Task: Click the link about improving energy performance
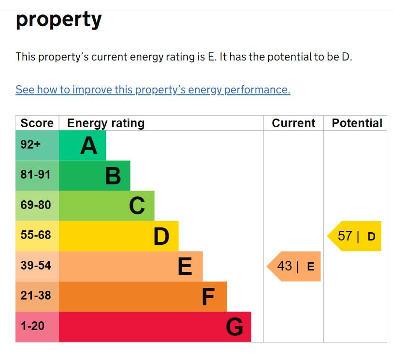pos(153,90)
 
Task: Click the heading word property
pos(58,19)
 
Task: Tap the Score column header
pos(37,123)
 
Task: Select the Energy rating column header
pos(106,123)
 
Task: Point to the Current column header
pos(293,123)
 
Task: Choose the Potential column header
pos(357,123)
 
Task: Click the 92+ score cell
pos(30,145)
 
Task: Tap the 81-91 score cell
pos(35,175)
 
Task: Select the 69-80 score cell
pos(35,205)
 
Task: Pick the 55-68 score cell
pos(35,236)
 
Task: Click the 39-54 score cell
pos(35,266)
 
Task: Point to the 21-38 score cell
pos(35,296)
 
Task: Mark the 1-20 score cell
pos(32,326)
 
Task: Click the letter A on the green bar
pos(88,145)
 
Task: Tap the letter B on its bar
pos(113,176)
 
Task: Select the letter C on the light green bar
pos(137,206)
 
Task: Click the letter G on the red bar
pos(234,327)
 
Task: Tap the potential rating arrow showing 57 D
pos(356,236)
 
